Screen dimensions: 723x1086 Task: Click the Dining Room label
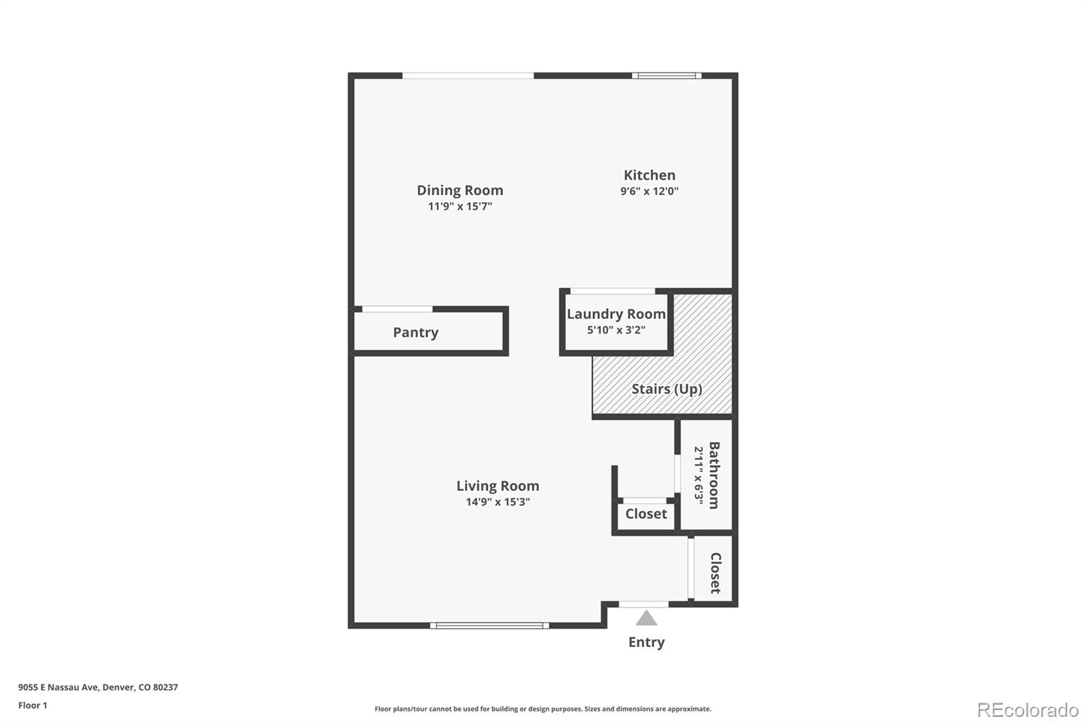click(460, 191)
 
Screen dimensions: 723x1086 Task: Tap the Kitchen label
click(650, 175)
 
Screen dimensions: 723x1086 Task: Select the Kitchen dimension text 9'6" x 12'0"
click(650, 191)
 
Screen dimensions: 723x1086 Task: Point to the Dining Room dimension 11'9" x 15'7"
click(460, 206)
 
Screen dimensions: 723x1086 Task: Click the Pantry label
click(415, 332)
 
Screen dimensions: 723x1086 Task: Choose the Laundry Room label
click(616, 314)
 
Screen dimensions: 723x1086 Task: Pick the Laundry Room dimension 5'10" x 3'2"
click(616, 330)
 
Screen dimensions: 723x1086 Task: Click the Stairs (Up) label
click(667, 389)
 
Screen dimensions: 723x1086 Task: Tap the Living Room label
click(498, 486)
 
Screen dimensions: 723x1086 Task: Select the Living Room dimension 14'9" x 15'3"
click(498, 502)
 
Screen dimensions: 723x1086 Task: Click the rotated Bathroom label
click(714, 475)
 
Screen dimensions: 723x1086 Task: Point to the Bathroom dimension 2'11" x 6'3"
click(698, 475)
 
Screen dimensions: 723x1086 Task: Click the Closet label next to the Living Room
click(645, 513)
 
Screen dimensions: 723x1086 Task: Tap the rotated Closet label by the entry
click(715, 573)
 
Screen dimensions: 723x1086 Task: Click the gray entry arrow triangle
click(646, 619)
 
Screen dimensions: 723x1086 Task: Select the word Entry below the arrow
click(646, 642)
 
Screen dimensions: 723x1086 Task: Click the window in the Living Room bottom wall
click(489, 625)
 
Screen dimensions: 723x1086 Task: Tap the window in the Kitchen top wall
click(667, 76)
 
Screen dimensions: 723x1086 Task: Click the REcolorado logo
click(1028, 709)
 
